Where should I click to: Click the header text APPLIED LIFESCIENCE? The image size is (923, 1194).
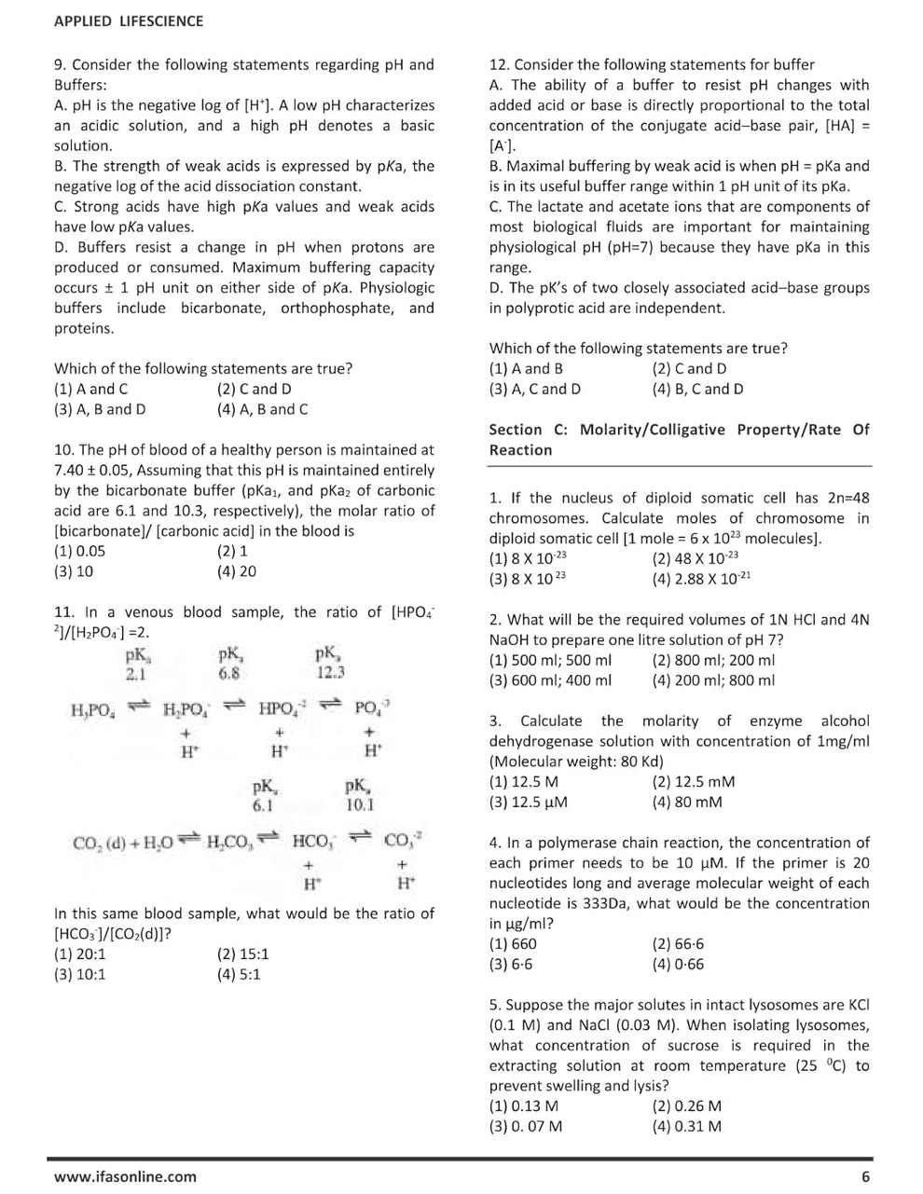[128, 21]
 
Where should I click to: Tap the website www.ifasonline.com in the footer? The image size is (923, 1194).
[125, 1176]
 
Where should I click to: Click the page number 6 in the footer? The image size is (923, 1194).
[865, 1176]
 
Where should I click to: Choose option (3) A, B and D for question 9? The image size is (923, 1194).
[100, 409]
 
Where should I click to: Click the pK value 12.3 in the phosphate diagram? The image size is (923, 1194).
[330, 672]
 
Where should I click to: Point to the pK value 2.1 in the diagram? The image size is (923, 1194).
[136, 672]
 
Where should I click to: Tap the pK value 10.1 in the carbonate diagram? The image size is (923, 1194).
[360, 804]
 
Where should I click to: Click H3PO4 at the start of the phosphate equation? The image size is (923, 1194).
[93, 710]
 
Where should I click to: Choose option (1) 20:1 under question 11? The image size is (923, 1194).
[80, 954]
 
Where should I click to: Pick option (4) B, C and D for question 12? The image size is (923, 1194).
[697, 390]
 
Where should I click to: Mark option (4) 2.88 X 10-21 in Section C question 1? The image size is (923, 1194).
[701, 578]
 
